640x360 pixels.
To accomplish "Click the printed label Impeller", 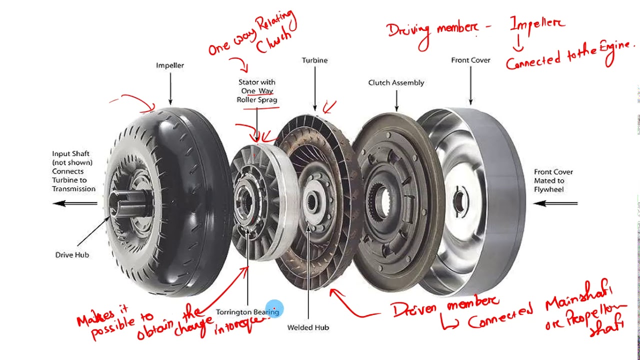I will tap(170, 65).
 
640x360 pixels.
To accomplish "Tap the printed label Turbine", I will tap(314, 60).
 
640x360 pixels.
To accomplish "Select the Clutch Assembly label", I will tap(396, 82).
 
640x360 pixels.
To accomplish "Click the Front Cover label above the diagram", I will tap(470, 60).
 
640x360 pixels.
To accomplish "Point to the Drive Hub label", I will tap(72, 254).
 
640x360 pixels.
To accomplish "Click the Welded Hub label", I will tap(308, 327).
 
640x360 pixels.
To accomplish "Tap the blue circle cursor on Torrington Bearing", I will tap(274, 309).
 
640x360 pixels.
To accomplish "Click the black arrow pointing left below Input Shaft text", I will tap(75, 203).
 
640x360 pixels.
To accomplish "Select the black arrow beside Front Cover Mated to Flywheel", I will tap(555, 203).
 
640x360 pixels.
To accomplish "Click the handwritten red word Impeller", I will tap(537, 24).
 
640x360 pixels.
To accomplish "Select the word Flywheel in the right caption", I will tap(548, 189).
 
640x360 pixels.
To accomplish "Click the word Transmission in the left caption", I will tap(73, 189).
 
